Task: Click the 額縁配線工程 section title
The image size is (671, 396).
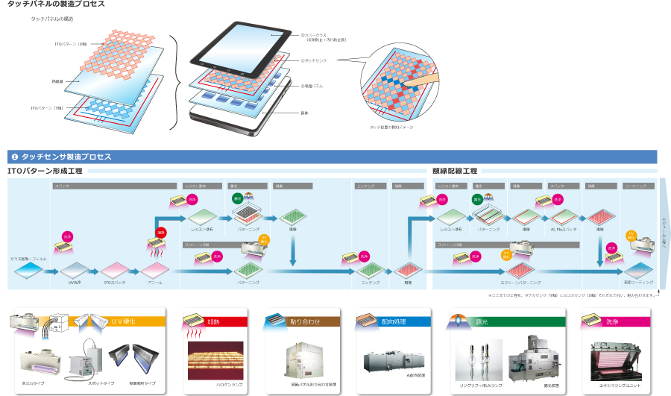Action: click(454, 171)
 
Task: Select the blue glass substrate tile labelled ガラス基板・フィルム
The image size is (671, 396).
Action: click(27, 268)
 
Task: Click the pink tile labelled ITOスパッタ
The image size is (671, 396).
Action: click(115, 269)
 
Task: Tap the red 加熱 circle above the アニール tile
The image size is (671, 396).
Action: click(160, 234)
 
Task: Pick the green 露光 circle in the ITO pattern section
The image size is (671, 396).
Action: click(238, 199)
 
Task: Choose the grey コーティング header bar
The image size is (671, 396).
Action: click(637, 185)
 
